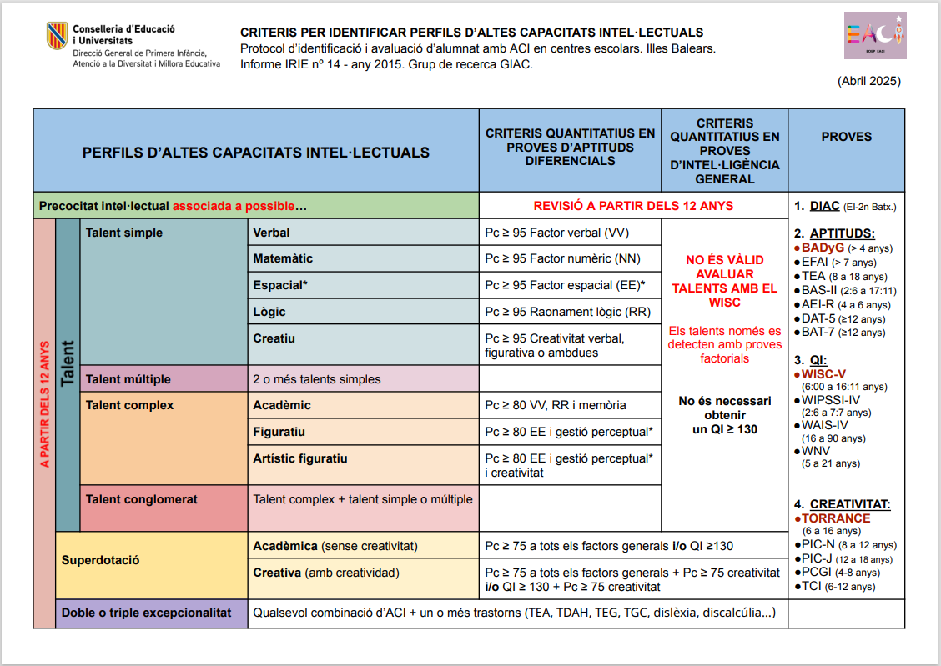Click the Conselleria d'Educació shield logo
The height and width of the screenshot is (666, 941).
(x=57, y=35)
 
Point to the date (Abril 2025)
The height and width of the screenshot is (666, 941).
(x=868, y=82)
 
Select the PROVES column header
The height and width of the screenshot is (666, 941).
(x=846, y=137)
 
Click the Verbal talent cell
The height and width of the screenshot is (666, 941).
(x=272, y=233)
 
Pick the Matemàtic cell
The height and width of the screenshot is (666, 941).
(x=283, y=259)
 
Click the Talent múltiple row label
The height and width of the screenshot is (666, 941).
(x=128, y=379)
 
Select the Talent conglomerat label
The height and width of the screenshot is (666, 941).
(x=142, y=499)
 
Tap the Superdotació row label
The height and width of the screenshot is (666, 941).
(x=100, y=560)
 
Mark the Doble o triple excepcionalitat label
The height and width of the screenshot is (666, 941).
(x=146, y=613)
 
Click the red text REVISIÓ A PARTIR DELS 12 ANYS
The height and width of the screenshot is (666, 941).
(x=633, y=206)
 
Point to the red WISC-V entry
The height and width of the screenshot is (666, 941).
(x=823, y=374)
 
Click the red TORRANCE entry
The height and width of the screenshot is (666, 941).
(x=836, y=518)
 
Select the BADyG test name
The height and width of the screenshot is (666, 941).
(x=823, y=248)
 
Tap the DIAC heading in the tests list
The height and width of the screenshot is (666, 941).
(x=824, y=206)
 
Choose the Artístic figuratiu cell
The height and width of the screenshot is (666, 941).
(x=300, y=458)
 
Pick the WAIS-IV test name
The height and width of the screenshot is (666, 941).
(x=825, y=425)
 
